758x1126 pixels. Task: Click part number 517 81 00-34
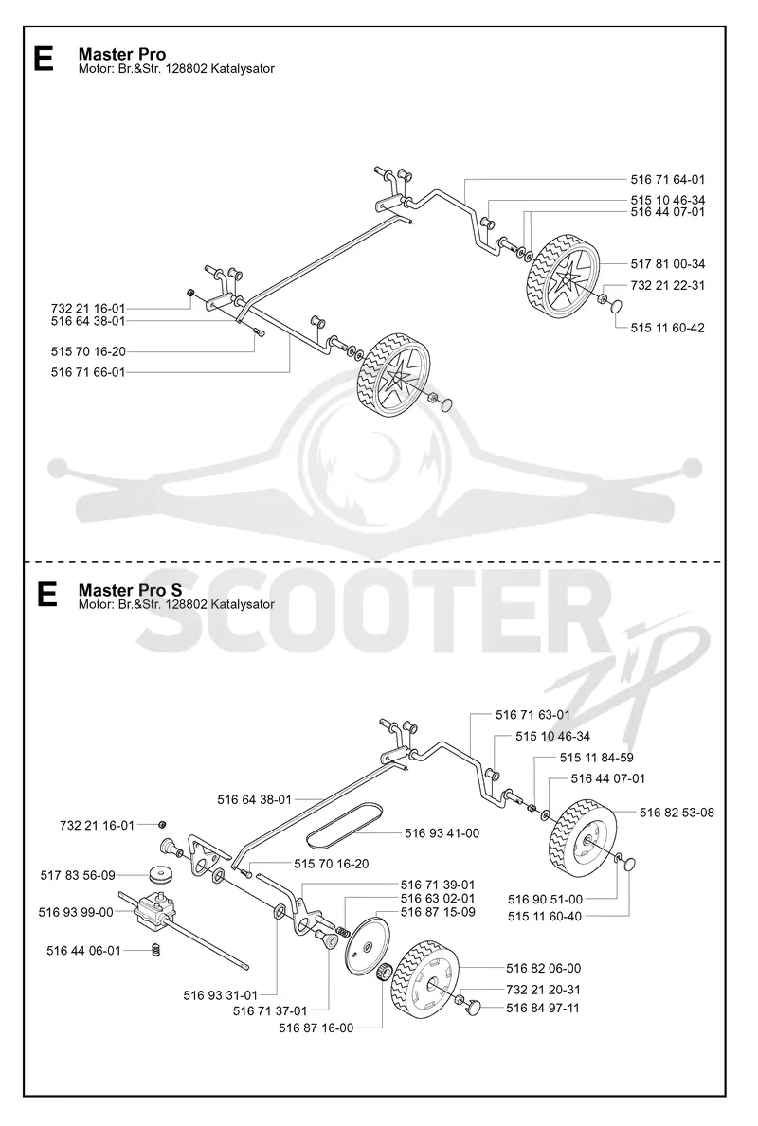[667, 264]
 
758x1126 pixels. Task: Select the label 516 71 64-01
[667, 180]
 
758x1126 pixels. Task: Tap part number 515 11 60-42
[667, 328]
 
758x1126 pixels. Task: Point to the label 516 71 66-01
[88, 372]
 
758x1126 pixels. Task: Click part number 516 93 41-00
[442, 833]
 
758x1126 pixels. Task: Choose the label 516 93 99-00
[76, 912]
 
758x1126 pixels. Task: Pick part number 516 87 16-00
[316, 1028]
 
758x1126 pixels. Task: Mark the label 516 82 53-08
[677, 813]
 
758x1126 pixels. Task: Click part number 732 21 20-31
[543, 989]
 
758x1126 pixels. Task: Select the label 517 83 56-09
[78, 875]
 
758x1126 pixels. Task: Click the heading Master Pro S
[130, 590]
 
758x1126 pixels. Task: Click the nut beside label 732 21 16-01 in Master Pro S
[162, 823]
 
